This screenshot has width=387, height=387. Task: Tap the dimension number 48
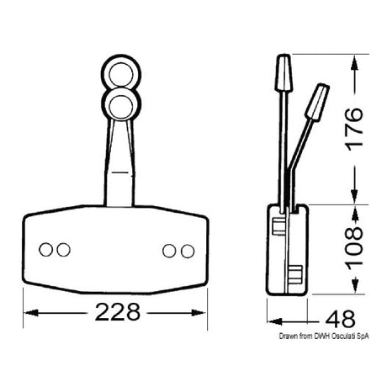click(339, 319)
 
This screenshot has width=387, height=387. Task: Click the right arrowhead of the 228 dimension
click(204, 312)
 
